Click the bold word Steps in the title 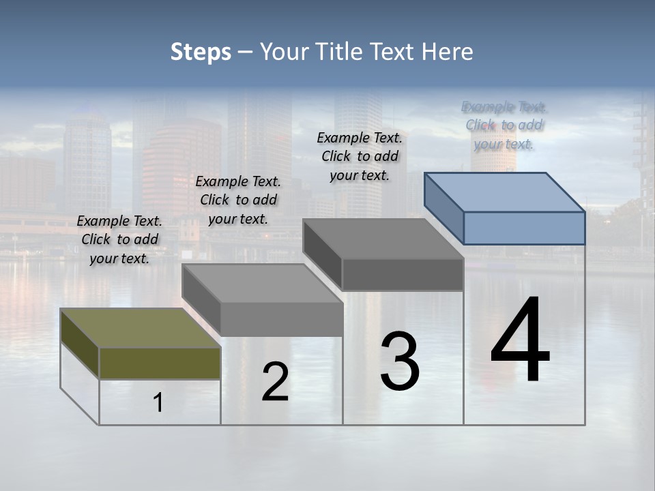point(201,52)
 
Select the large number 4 point(521,341)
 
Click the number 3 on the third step point(400,361)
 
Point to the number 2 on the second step point(275,382)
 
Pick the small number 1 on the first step point(158,403)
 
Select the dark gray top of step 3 point(383,239)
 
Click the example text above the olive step point(119,239)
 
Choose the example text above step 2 point(238,200)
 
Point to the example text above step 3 point(360,156)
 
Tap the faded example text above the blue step point(504,125)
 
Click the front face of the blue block point(524,228)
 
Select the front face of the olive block point(160,363)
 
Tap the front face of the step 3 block point(403,274)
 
